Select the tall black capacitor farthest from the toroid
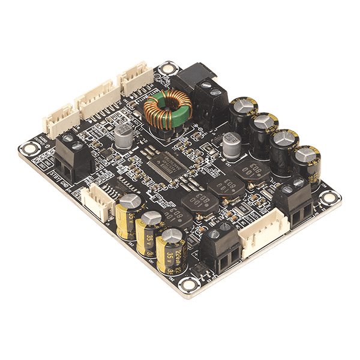[307, 158]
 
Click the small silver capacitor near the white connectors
[124, 138]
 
